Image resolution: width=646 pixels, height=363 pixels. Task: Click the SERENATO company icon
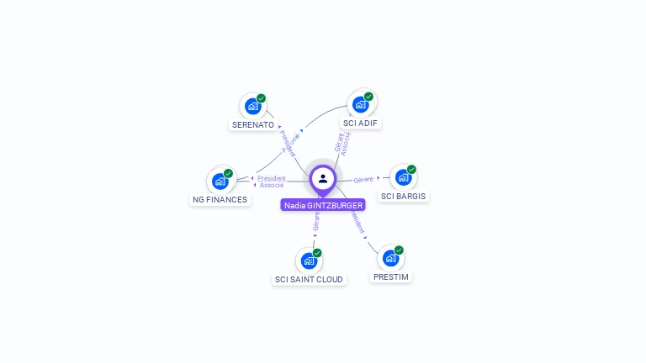click(x=252, y=107)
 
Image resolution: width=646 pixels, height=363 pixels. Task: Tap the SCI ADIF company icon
click(x=361, y=104)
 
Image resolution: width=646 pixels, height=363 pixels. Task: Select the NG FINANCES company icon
click(x=220, y=181)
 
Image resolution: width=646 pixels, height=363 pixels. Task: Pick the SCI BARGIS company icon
click(x=403, y=177)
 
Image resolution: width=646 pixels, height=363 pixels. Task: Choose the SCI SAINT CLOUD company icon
click(x=309, y=260)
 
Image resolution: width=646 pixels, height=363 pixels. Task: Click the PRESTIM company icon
click(x=390, y=258)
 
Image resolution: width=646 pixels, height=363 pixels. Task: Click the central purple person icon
click(x=323, y=178)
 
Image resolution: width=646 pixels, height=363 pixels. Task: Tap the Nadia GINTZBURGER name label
click(x=323, y=205)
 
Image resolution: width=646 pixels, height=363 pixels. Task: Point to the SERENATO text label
click(x=252, y=125)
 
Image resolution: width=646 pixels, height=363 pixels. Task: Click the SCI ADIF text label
click(x=361, y=123)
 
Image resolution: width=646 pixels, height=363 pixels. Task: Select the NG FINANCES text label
click(x=220, y=200)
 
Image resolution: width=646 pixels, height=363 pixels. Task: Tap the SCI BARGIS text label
click(x=404, y=197)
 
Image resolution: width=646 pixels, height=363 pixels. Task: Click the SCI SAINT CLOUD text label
click(x=310, y=279)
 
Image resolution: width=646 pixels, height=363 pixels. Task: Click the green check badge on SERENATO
click(x=261, y=98)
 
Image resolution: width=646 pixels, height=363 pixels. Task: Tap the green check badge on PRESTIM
click(x=399, y=250)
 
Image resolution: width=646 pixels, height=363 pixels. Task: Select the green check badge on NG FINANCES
click(x=228, y=173)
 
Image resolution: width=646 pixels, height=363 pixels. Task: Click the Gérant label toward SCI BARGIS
click(x=363, y=180)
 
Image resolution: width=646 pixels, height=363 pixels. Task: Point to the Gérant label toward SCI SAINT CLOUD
click(x=316, y=221)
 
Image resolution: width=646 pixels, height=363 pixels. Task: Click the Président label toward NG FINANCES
click(x=272, y=178)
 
